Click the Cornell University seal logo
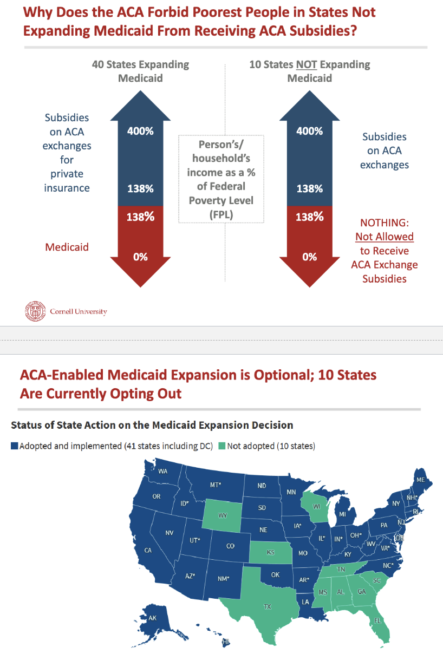tap(35, 311)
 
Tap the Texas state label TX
tap(267, 606)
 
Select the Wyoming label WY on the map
tap(223, 515)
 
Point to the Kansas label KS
tap(270, 553)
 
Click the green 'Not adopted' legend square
tap(222, 446)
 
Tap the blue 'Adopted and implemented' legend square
tap(15, 446)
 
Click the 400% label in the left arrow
tap(141, 131)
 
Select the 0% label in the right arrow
tap(310, 257)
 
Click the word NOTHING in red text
tap(385, 223)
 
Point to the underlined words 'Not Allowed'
tap(385, 237)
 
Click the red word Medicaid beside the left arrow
tap(67, 247)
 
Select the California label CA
tap(147, 550)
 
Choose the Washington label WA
tap(163, 471)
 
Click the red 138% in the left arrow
tap(141, 217)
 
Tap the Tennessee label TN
tap(342, 570)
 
